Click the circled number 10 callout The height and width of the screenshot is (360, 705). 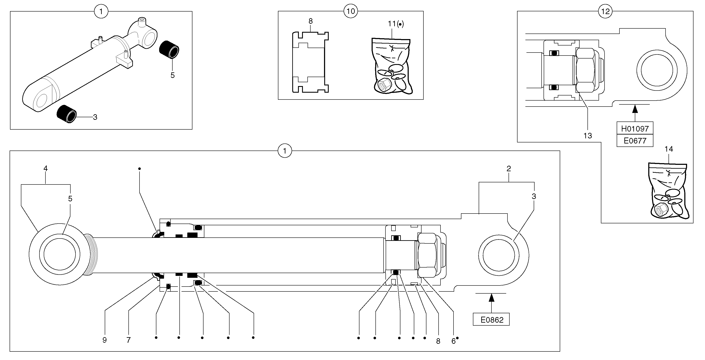pos(351,11)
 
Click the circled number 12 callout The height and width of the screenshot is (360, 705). pos(605,11)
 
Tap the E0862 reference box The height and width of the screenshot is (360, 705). pos(491,319)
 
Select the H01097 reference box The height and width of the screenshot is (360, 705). pos(635,128)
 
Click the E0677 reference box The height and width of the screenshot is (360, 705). pos(635,140)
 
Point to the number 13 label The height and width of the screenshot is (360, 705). pos(588,136)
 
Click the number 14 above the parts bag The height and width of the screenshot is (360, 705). pos(669,149)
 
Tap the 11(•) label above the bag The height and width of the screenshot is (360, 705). pos(395,24)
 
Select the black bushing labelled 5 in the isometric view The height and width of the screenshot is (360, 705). pos(169,50)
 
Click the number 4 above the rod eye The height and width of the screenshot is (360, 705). pos(45,168)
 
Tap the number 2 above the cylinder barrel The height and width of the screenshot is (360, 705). pos(509,169)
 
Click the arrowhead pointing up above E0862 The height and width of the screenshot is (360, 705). pos(491,297)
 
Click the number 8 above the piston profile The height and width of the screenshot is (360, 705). pos(310,21)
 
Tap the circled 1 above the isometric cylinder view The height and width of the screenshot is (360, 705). pos(101,12)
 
